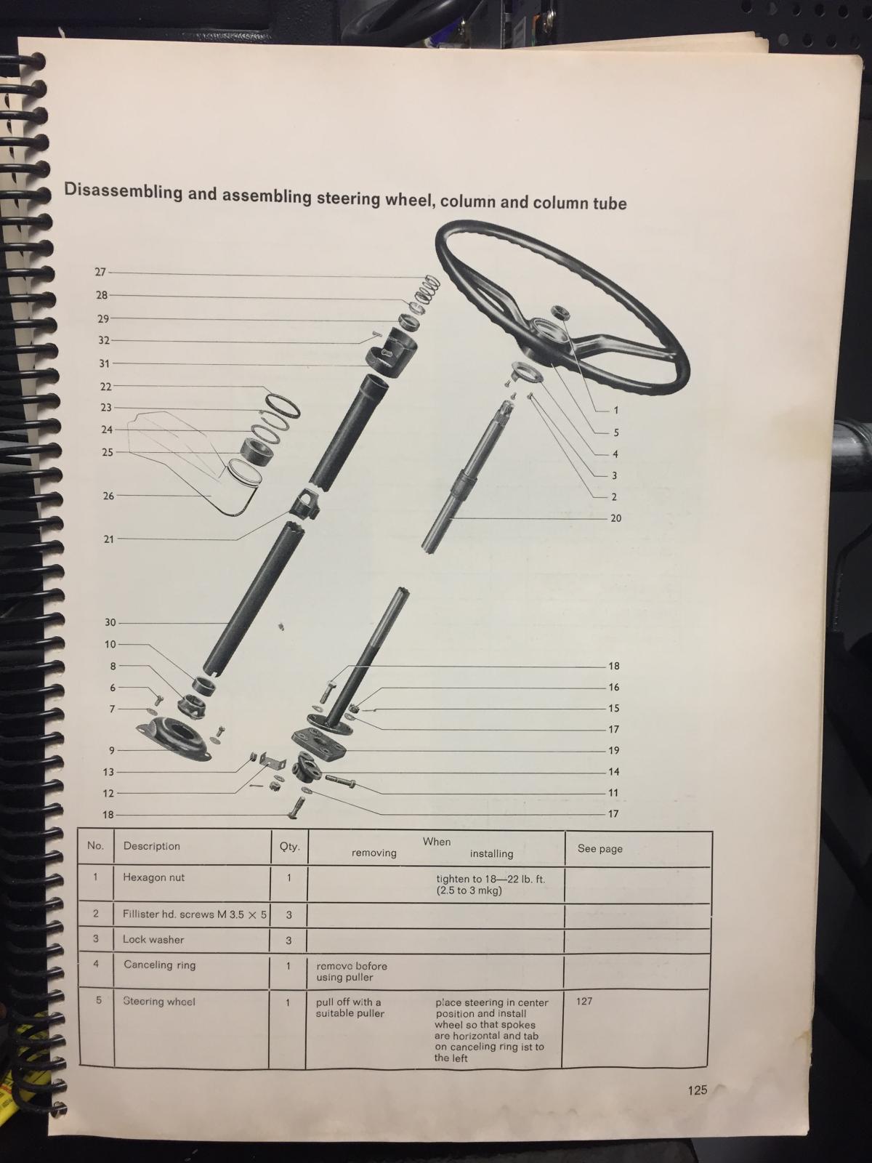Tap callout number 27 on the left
coord(100,273)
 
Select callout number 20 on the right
coord(615,518)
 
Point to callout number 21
coord(108,539)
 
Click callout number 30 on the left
coord(110,622)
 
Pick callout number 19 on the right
coord(613,750)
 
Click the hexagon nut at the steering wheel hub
coord(560,312)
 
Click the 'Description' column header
coord(151,845)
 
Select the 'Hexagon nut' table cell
coord(153,877)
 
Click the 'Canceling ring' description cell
coord(159,965)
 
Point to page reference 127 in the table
coord(584,1001)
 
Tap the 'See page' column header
coord(600,848)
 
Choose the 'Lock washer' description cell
coord(153,939)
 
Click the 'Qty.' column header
coord(289,846)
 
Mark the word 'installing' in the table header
coord(491,853)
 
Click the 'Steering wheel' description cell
coord(159,1002)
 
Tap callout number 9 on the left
coord(112,750)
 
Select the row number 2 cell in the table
coord(96,913)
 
